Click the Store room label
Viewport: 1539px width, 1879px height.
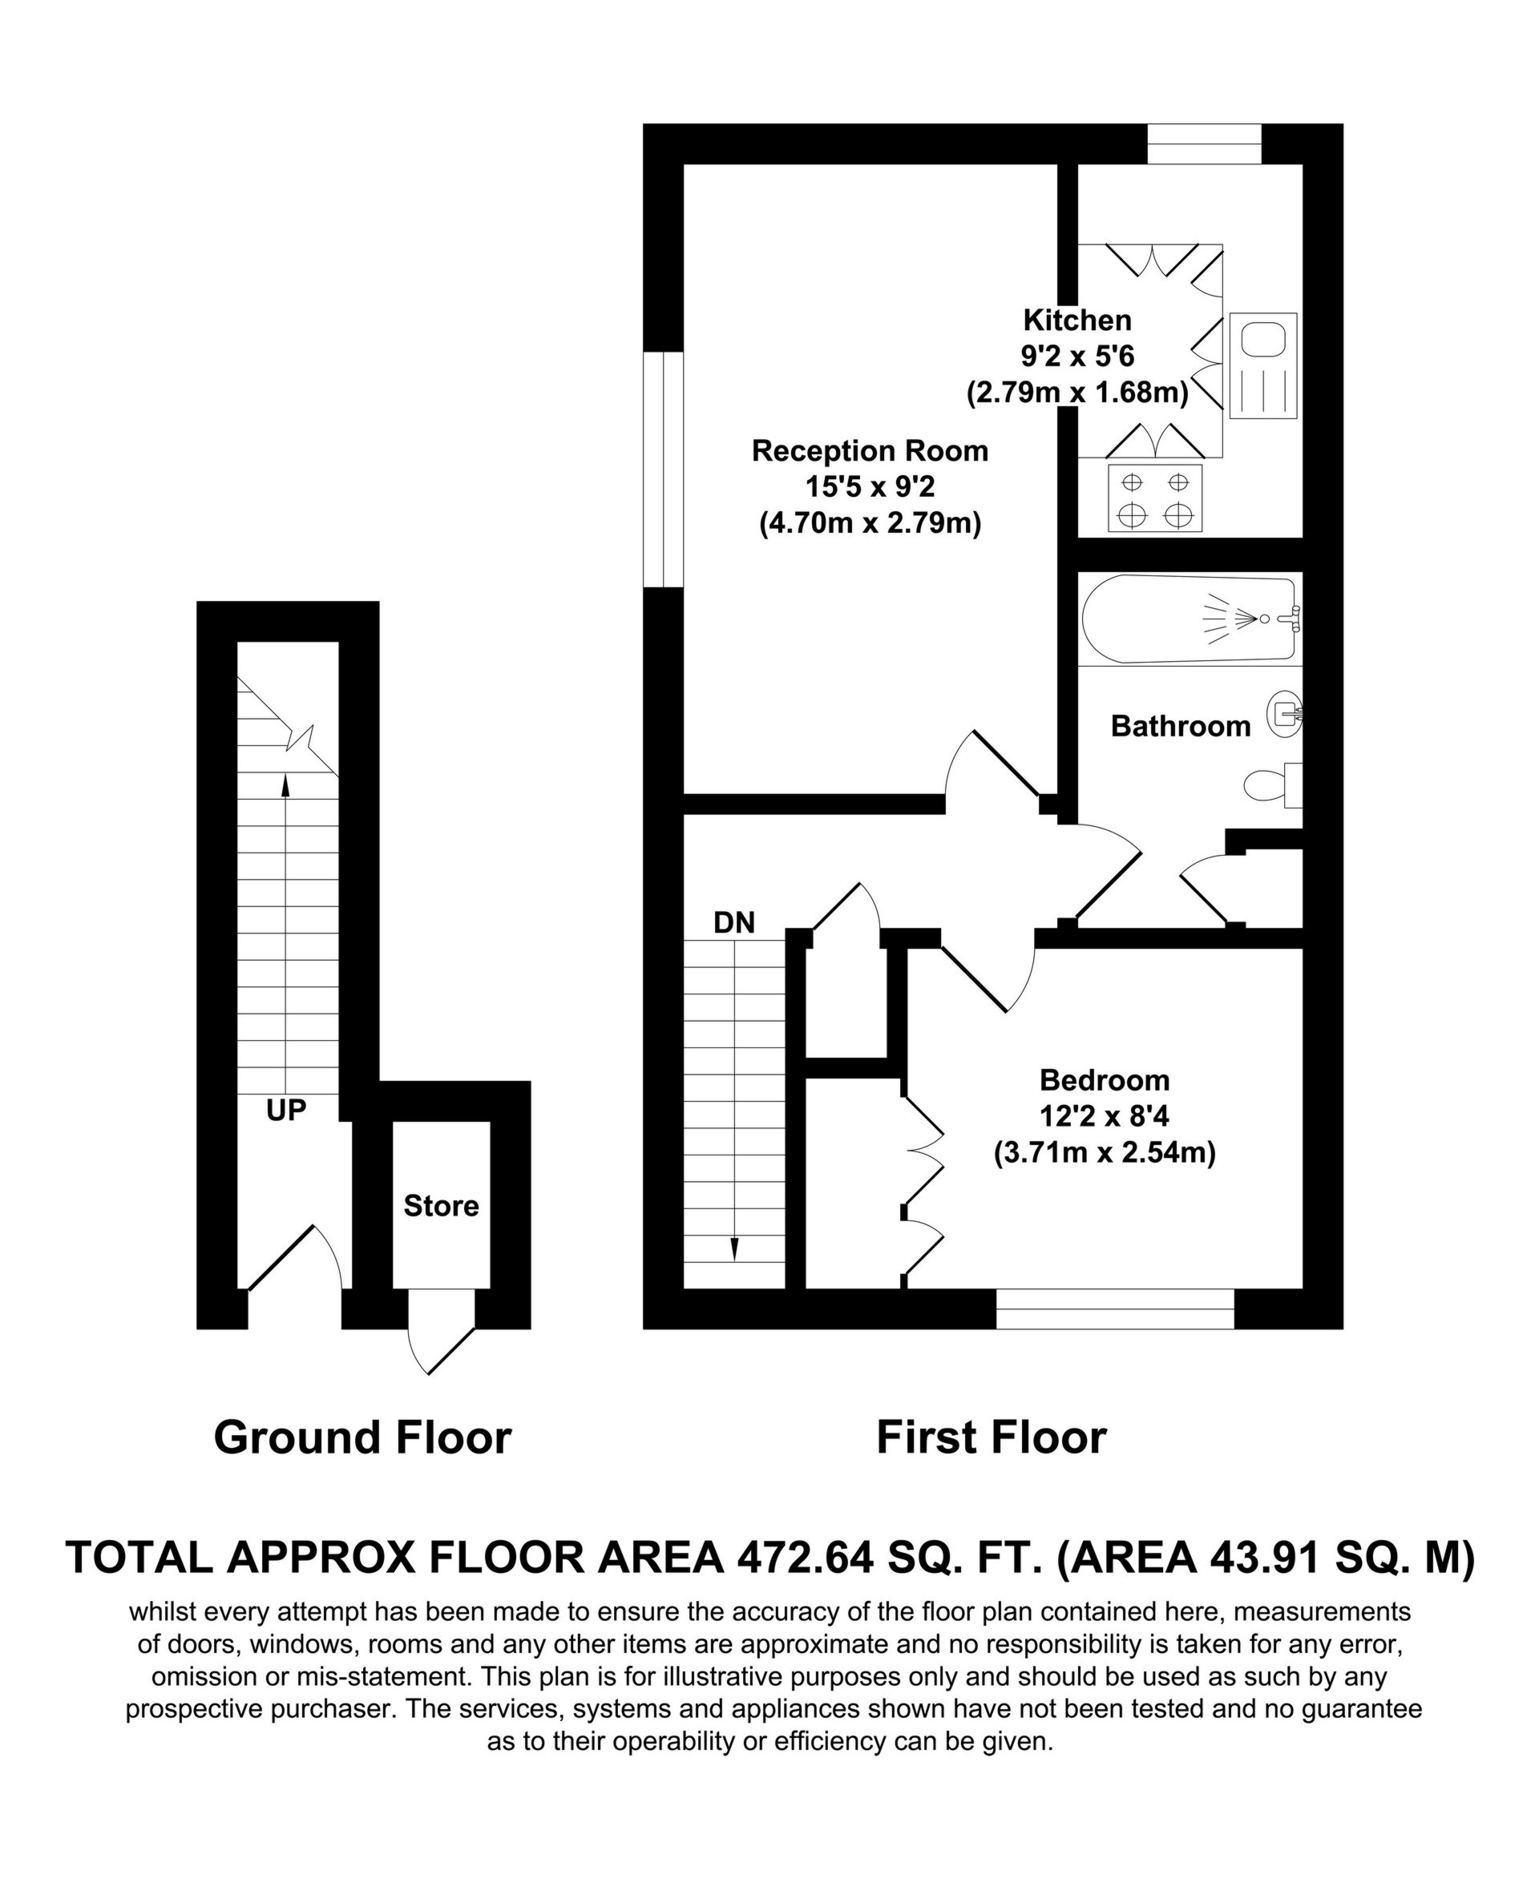[441, 1205]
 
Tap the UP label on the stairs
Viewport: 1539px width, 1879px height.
[286, 1110]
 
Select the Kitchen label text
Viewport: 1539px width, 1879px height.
[1077, 320]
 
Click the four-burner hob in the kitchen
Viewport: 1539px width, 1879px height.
[1154, 498]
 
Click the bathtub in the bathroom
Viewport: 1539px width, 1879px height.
[1188, 618]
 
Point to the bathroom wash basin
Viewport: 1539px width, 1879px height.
[1286, 713]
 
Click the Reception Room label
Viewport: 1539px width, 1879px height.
[870, 451]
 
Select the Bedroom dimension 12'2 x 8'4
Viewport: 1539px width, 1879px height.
[1105, 1116]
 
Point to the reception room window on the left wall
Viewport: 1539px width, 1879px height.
[663, 470]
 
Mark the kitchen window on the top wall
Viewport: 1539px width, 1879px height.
[1204, 143]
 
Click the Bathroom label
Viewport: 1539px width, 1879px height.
[1180, 727]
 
